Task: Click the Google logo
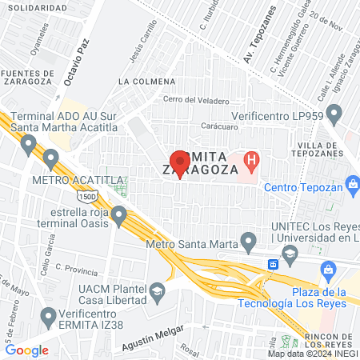27,350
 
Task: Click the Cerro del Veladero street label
196,101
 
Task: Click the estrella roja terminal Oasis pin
119,215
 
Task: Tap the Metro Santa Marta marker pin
248,240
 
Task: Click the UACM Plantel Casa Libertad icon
157,290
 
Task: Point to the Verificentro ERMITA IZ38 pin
49,316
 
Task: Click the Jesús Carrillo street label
149,53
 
